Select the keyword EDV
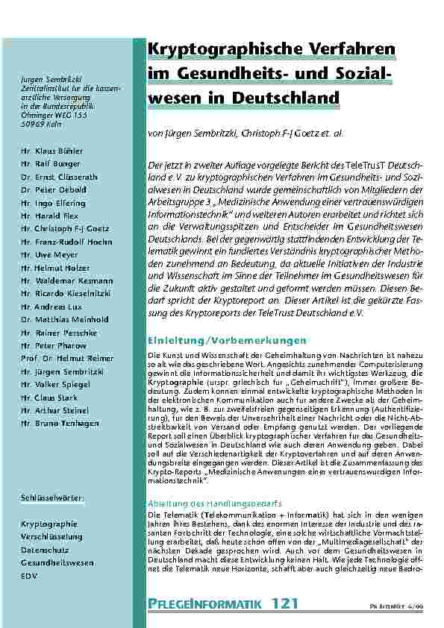tap(29, 576)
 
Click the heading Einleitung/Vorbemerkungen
tap(216, 340)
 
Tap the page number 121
tap(286, 602)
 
